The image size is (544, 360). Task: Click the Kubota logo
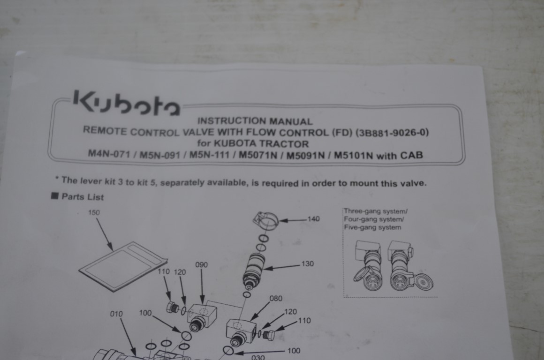(127, 103)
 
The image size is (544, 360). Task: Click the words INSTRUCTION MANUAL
(255, 121)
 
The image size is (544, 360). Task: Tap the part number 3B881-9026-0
(393, 133)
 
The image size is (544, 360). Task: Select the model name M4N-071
(109, 153)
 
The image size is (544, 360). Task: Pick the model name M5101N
(353, 155)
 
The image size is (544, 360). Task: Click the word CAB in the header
(411, 155)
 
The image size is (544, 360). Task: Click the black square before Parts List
(55, 196)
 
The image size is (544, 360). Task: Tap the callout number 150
(94, 212)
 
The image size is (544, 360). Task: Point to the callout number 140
(313, 219)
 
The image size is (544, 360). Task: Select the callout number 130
(307, 263)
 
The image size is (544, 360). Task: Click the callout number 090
(201, 265)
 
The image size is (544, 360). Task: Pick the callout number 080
(276, 299)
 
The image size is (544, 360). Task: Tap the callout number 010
(116, 314)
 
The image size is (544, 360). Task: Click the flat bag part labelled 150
(123, 266)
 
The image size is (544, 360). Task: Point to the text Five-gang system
(373, 227)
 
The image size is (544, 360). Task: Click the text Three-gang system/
(376, 211)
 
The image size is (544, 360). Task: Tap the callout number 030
(258, 357)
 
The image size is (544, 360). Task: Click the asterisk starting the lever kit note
(57, 179)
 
